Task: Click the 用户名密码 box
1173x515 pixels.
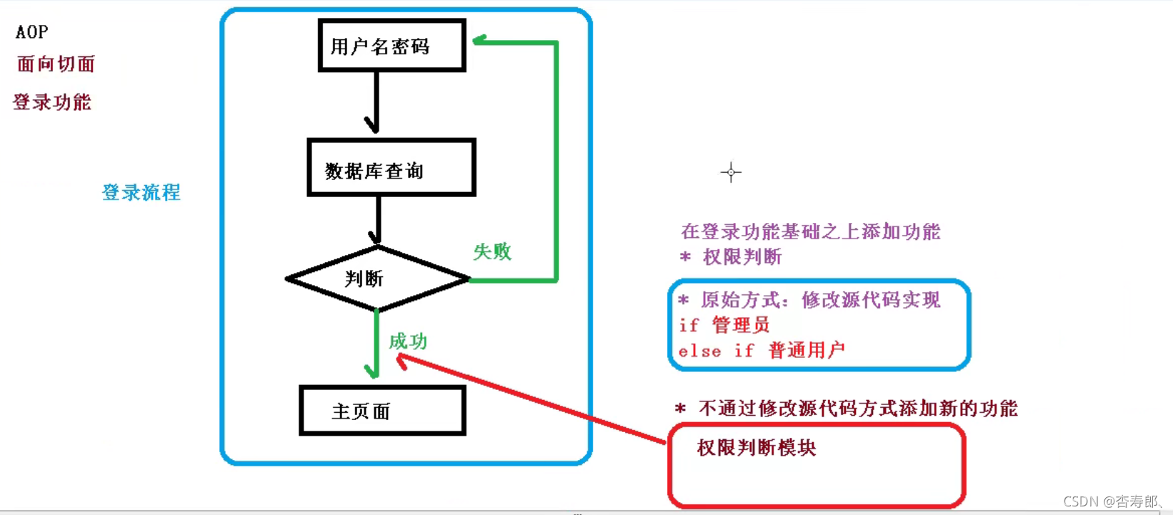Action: click(x=391, y=46)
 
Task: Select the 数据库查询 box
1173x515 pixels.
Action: click(x=391, y=168)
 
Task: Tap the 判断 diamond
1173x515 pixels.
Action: click(x=377, y=279)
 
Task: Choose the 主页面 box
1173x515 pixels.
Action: click(x=382, y=411)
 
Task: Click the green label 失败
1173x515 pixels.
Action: click(x=492, y=251)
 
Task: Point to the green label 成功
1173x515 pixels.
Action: click(x=408, y=341)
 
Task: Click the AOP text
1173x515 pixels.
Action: click(x=32, y=32)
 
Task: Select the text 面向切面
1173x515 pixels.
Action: click(x=56, y=64)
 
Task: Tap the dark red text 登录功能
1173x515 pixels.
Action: click(x=52, y=102)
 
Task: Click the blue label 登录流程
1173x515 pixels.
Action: click(x=141, y=192)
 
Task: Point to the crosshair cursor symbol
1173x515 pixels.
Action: click(x=731, y=172)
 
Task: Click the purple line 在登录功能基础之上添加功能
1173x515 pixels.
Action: click(x=811, y=231)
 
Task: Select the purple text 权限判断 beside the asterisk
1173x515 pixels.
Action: click(x=742, y=256)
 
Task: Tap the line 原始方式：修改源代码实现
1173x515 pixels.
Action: click(x=820, y=300)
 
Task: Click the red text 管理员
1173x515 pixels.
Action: click(x=741, y=325)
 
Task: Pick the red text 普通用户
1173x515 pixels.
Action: click(x=807, y=350)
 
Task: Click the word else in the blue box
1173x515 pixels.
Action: click(x=699, y=351)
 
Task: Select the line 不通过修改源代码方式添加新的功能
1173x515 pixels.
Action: click(x=857, y=409)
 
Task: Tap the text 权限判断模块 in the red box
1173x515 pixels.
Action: click(x=757, y=448)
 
